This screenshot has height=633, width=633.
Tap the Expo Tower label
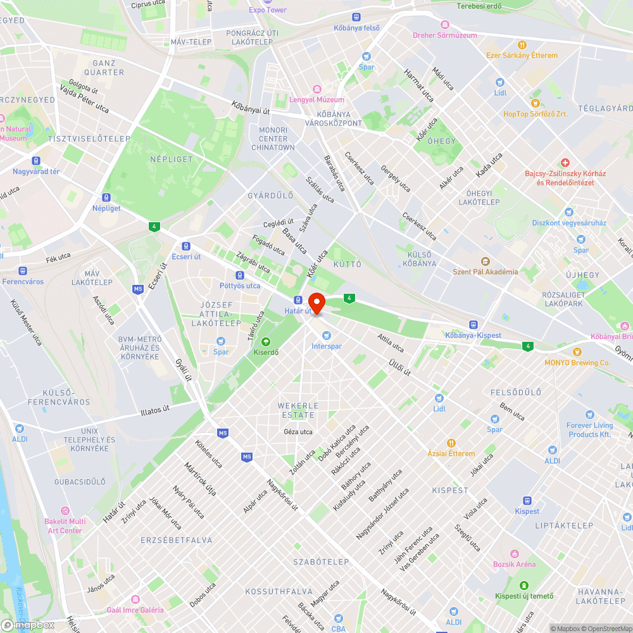pos(267,9)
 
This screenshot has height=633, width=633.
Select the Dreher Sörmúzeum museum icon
pos(445,25)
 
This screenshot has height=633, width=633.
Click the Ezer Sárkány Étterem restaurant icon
pos(522,45)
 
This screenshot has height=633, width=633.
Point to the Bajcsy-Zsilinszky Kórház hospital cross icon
pos(565,163)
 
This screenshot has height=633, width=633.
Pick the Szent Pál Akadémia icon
pos(485,261)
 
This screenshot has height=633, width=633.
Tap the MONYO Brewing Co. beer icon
pos(577,352)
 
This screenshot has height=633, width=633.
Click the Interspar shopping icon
pos(327,335)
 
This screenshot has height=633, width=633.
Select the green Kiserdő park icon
pos(266,342)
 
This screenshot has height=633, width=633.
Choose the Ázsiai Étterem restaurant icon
pos(451,443)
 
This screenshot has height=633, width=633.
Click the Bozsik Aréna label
pos(514,564)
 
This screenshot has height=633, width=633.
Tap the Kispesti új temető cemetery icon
pos(524,585)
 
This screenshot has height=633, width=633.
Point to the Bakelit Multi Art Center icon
pos(65,510)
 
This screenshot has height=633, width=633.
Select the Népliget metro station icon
pos(106,197)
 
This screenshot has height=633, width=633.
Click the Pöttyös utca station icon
pos(240,275)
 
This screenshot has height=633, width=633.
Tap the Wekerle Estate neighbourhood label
pos(298,410)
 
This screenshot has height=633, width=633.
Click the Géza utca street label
pos(298,432)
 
